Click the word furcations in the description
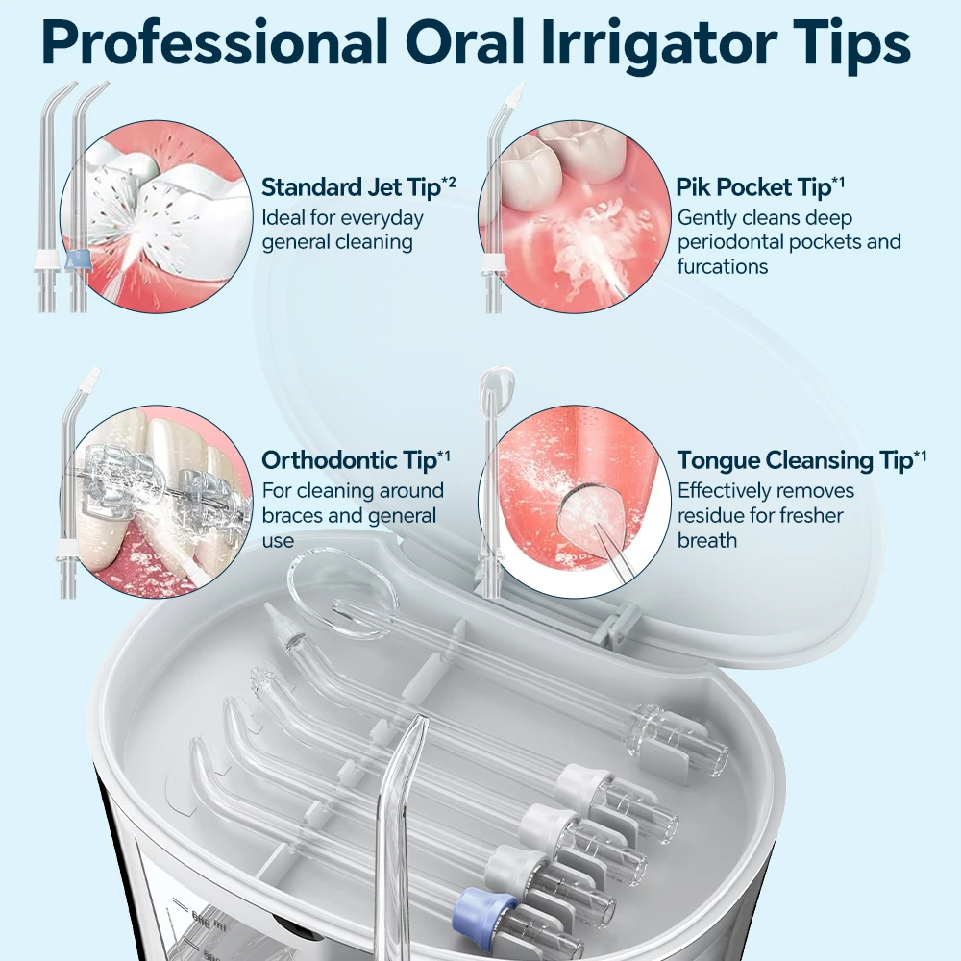[x=723, y=266]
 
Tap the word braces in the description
[x=293, y=516]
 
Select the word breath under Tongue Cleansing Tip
[x=707, y=540]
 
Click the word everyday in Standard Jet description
[x=383, y=217]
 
